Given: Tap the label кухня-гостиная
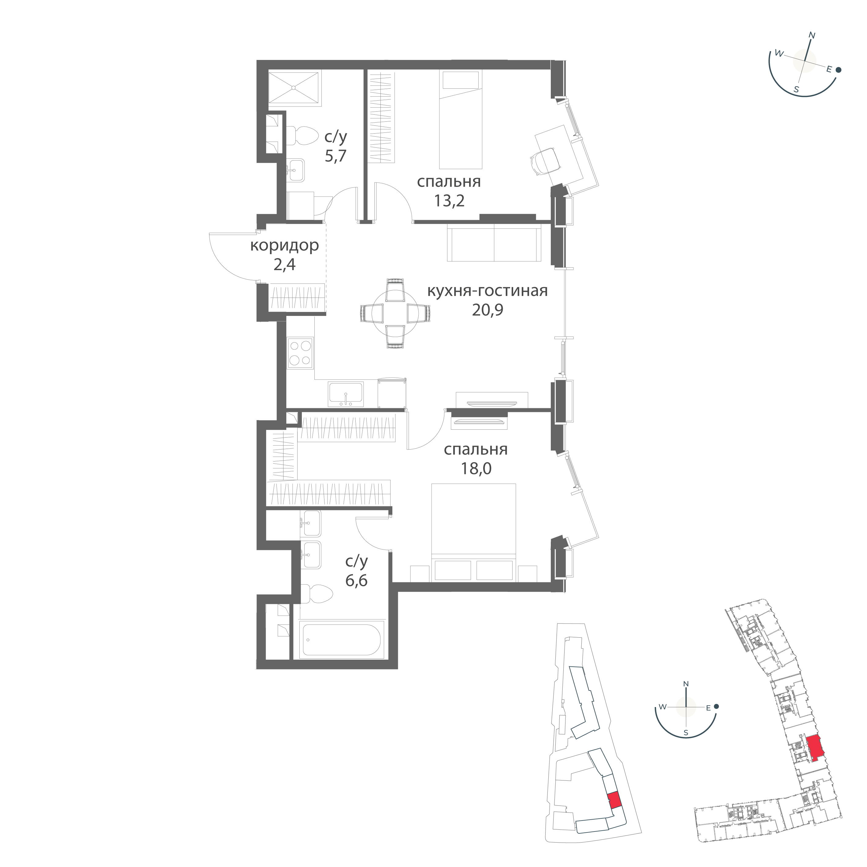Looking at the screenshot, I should point(487,291).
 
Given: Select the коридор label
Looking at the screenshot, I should point(284,246).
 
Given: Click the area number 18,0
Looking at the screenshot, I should point(476,469).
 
